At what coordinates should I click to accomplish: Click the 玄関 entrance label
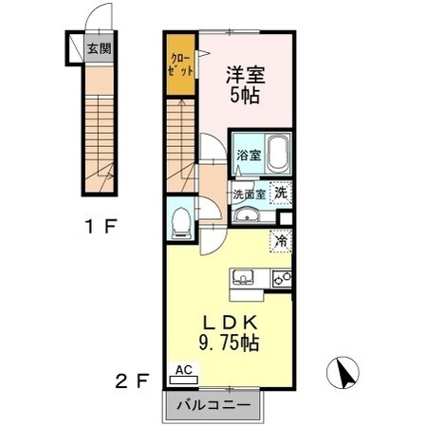pyautogui.click(x=100, y=48)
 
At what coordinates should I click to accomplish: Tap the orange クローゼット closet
pyautogui.click(x=181, y=65)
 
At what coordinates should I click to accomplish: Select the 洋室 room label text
pyautogui.click(x=246, y=75)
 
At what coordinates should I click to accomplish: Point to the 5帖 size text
pyautogui.click(x=246, y=95)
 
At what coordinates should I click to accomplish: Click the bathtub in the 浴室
pyautogui.click(x=278, y=154)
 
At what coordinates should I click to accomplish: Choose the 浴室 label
pyautogui.click(x=249, y=155)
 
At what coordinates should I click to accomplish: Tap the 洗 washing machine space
pyautogui.click(x=281, y=193)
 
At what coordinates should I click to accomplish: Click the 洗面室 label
pyautogui.click(x=250, y=194)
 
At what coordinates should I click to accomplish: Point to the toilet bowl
pyautogui.click(x=181, y=222)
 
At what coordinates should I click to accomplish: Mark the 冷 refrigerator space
pyautogui.click(x=281, y=241)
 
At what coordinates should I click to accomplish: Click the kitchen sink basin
pyautogui.click(x=243, y=277)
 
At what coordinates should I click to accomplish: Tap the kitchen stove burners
pyautogui.click(x=282, y=279)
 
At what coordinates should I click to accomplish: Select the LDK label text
pyautogui.click(x=230, y=324)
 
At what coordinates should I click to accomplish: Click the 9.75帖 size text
pyautogui.click(x=230, y=343)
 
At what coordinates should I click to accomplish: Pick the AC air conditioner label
pyautogui.click(x=184, y=370)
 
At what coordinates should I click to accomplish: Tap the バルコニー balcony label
pyautogui.click(x=213, y=405)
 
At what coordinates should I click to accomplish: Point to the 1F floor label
pyautogui.click(x=101, y=227)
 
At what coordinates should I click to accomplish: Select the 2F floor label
pyautogui.click(x=132, y=381)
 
